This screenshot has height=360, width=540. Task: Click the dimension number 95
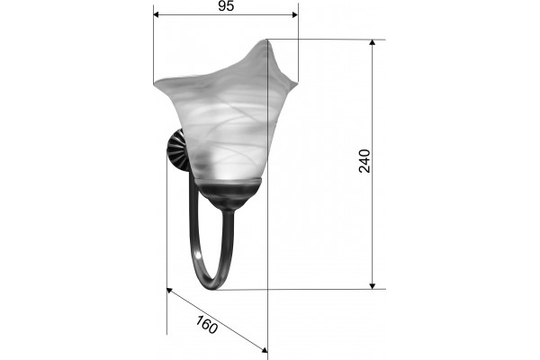[226, 6]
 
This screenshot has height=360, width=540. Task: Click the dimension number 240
[364, 161]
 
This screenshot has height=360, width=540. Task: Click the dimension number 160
[207, 325]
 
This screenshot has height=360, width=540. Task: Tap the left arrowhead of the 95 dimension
[156, 14]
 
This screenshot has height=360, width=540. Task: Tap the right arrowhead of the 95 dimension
[295, 14]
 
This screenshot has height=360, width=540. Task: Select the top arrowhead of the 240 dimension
[372, 42]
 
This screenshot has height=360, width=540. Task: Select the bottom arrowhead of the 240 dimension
[372, 286]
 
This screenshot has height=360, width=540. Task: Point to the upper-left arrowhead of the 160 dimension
[169, 291]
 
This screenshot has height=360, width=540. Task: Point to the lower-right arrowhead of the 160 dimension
[265, 350]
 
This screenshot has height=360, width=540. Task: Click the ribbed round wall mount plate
[178, 150]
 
